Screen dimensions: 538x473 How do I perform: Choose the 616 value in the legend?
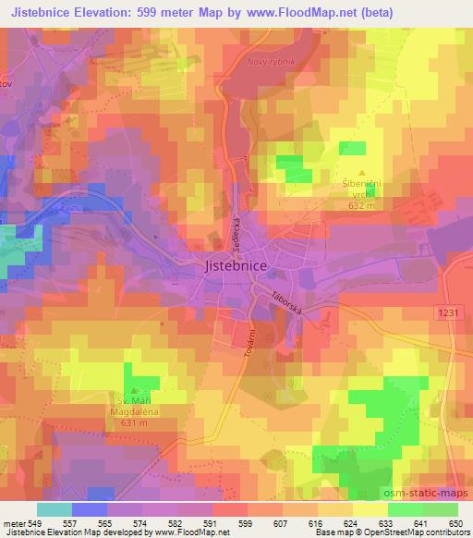(314, 522)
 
